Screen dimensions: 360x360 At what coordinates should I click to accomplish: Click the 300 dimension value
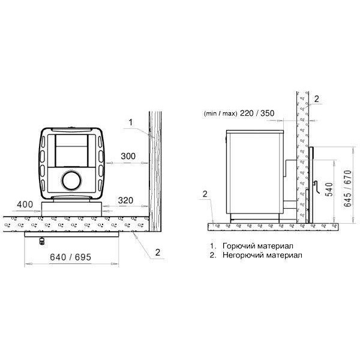[x=128, y=156]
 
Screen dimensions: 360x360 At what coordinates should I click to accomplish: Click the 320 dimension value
[x=125, y=200]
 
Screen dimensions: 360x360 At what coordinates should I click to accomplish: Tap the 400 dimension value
[x=25, y=205]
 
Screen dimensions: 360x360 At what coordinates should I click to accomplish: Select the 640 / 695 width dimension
[x=70, y=257]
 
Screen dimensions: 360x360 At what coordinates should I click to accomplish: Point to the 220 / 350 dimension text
[x=257, y=113]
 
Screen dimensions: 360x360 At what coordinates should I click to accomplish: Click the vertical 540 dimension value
[x=329, y=190]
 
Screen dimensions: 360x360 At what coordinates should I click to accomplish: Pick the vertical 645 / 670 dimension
[x=348, y=188]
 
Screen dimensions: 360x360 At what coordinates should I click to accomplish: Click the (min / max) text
[x=220, y=113]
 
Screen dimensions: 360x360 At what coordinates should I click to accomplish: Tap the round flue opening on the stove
[x=71, y=181]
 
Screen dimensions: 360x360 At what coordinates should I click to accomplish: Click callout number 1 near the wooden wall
[x=131, y=122]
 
